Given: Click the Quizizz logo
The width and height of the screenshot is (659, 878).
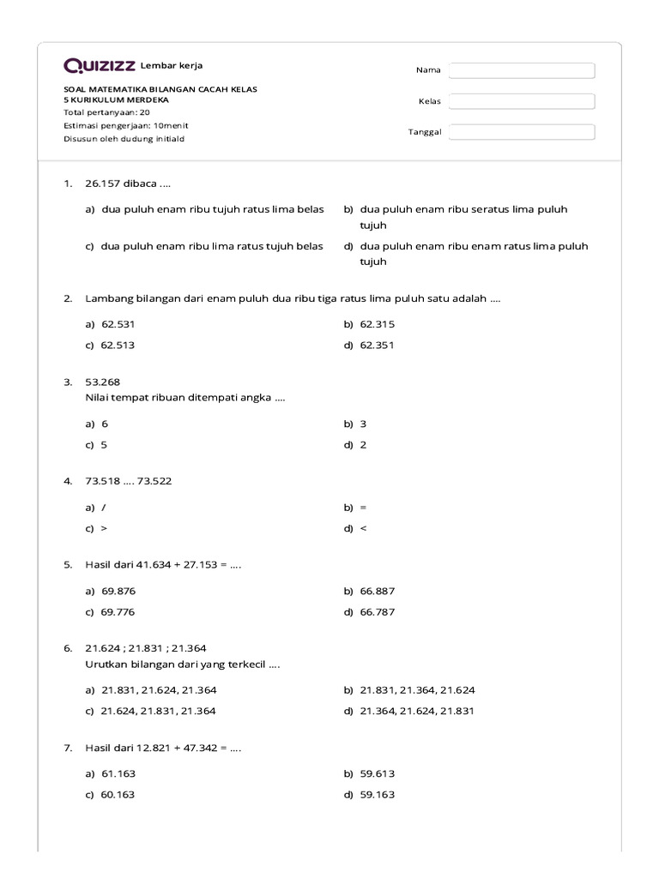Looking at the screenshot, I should pyautogui.click(x=100, y=66).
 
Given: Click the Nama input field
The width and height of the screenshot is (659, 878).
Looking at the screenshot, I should pyautogui.click(x=522, y=70).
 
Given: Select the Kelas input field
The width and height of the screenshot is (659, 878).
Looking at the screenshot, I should pyautogui.click(x=522, y=101).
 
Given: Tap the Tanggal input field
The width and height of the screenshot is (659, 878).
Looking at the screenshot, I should pyautogui.click(x=522, y=132).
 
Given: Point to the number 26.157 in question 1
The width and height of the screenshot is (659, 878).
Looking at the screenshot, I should pyautogui.click(x=103, y=183).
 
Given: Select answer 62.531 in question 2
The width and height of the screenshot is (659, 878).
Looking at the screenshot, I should pyautogui.click(x=118, y=325).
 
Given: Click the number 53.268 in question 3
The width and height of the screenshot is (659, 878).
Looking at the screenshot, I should pyautogui.click(x=103, y=382).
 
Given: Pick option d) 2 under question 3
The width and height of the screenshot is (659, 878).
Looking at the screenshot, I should pyautogui.click(x=363, y=445).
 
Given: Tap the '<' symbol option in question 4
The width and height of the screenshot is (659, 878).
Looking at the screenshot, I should pyautogui.click(x=363, y=528).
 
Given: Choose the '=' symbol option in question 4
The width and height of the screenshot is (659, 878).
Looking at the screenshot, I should pyautogui.click(x=363, y=508).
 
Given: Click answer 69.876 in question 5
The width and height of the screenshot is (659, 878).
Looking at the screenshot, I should pyautogui.click(x=118, y=592).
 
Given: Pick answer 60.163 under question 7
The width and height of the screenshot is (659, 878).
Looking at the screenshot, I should pyautogui.click(x=118, y=795).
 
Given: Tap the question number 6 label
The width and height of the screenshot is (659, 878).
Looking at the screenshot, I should pyautogui.click(x=68, y=648).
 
